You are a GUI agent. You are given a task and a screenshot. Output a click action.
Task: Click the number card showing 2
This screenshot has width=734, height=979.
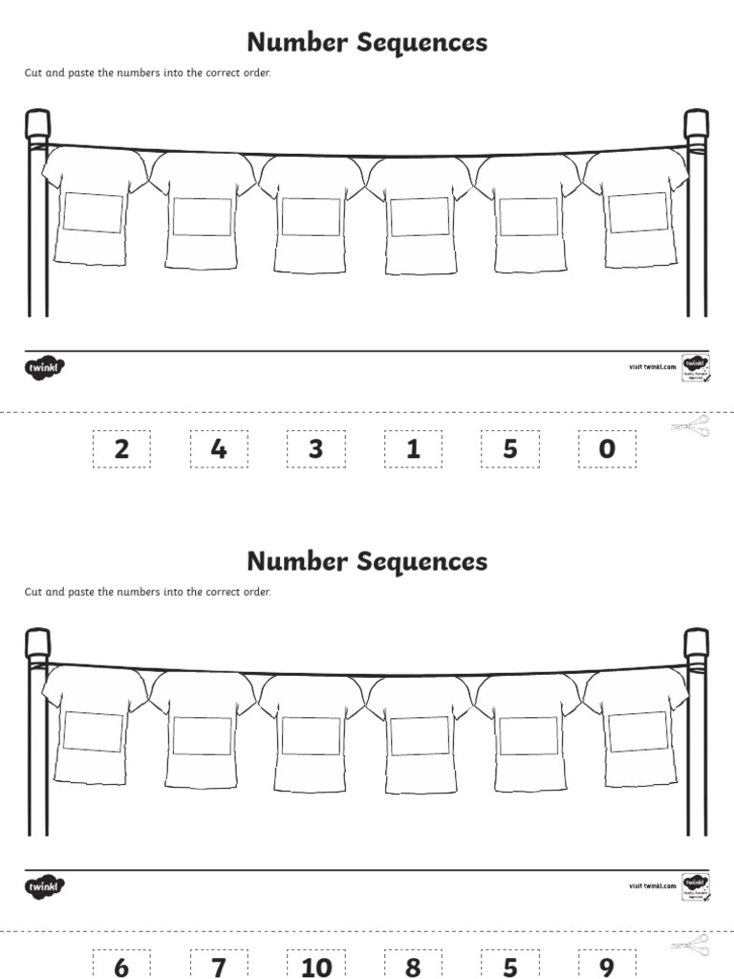[121, 448]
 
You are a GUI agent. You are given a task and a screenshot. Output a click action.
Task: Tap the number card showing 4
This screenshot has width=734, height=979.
[219, 448]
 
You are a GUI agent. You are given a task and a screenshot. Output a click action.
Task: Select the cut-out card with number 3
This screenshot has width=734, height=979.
[315, 448]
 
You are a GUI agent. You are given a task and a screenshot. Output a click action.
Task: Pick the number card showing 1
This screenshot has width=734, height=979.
[413, 448]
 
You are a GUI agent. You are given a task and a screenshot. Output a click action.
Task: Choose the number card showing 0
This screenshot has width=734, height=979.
[606, 448]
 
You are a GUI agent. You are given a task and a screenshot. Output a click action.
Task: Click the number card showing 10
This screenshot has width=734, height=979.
[315, 966]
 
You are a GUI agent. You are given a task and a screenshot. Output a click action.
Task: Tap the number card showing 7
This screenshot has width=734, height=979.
[219, 966]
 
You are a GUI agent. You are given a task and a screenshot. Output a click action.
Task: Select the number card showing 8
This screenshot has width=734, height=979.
[413, 966]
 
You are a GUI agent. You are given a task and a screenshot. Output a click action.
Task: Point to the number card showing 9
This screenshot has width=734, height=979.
[606, 966]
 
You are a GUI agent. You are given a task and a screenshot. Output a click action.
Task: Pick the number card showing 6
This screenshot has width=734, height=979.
[121, 966]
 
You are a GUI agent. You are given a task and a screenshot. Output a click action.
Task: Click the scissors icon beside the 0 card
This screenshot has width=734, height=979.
[689, 425]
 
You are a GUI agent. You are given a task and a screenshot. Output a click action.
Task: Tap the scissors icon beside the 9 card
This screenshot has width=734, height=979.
[689, 945]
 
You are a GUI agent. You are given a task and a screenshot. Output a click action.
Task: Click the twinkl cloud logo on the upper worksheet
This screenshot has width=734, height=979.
[45, 366]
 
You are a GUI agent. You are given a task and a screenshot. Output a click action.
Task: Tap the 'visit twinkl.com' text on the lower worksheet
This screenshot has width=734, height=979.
[652, 885]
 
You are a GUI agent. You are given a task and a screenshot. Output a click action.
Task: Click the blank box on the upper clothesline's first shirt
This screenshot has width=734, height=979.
[94, 213]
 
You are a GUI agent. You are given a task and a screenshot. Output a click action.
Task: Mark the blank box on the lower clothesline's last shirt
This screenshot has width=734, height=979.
[637, 732]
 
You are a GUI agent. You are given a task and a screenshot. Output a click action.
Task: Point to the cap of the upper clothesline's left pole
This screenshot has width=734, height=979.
[37, 121]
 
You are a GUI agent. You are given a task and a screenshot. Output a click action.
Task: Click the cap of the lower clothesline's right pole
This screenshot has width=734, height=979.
[696, 641]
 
